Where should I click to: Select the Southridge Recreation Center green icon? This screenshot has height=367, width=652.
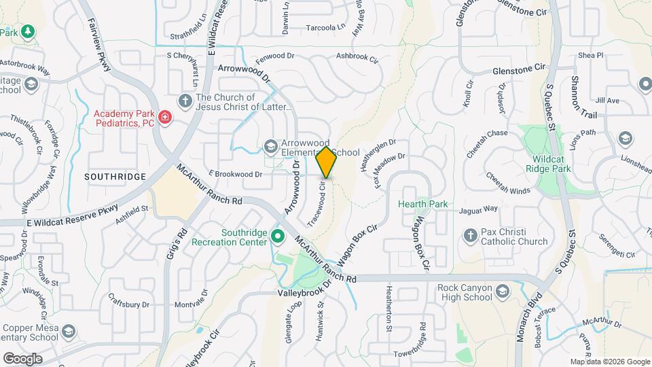tap(277, 237)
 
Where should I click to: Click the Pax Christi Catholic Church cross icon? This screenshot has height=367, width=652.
tap(469, 236)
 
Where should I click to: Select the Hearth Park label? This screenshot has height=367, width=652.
tap(423, 204)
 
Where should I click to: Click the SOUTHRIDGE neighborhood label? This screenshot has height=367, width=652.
tap(115, 177)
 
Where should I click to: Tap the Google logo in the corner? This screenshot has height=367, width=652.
tap(22, 359)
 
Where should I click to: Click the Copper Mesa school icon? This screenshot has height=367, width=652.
tap(68, 331)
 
